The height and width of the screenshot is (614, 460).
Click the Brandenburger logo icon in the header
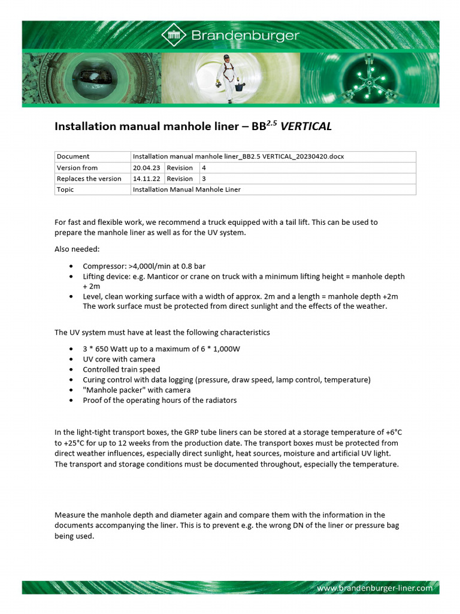coord(174,35)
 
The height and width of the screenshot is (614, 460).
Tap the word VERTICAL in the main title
coord(306,127)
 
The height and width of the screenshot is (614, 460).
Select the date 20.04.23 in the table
coord(147,168)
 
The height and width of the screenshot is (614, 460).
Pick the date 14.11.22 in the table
coord(147,179)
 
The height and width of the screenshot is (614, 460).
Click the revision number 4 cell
coord(204,168)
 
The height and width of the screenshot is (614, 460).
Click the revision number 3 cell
coord(204,179)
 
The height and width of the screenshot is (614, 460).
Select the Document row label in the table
coord(73,156)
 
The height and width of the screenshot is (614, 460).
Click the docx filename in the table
coord(238,156)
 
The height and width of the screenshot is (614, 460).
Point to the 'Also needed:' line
coord(77,249)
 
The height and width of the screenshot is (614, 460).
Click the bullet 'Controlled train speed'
coord(122,369)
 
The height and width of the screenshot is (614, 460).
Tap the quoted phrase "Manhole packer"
coord(113,390)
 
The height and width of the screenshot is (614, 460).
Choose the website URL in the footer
coord(374,588)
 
